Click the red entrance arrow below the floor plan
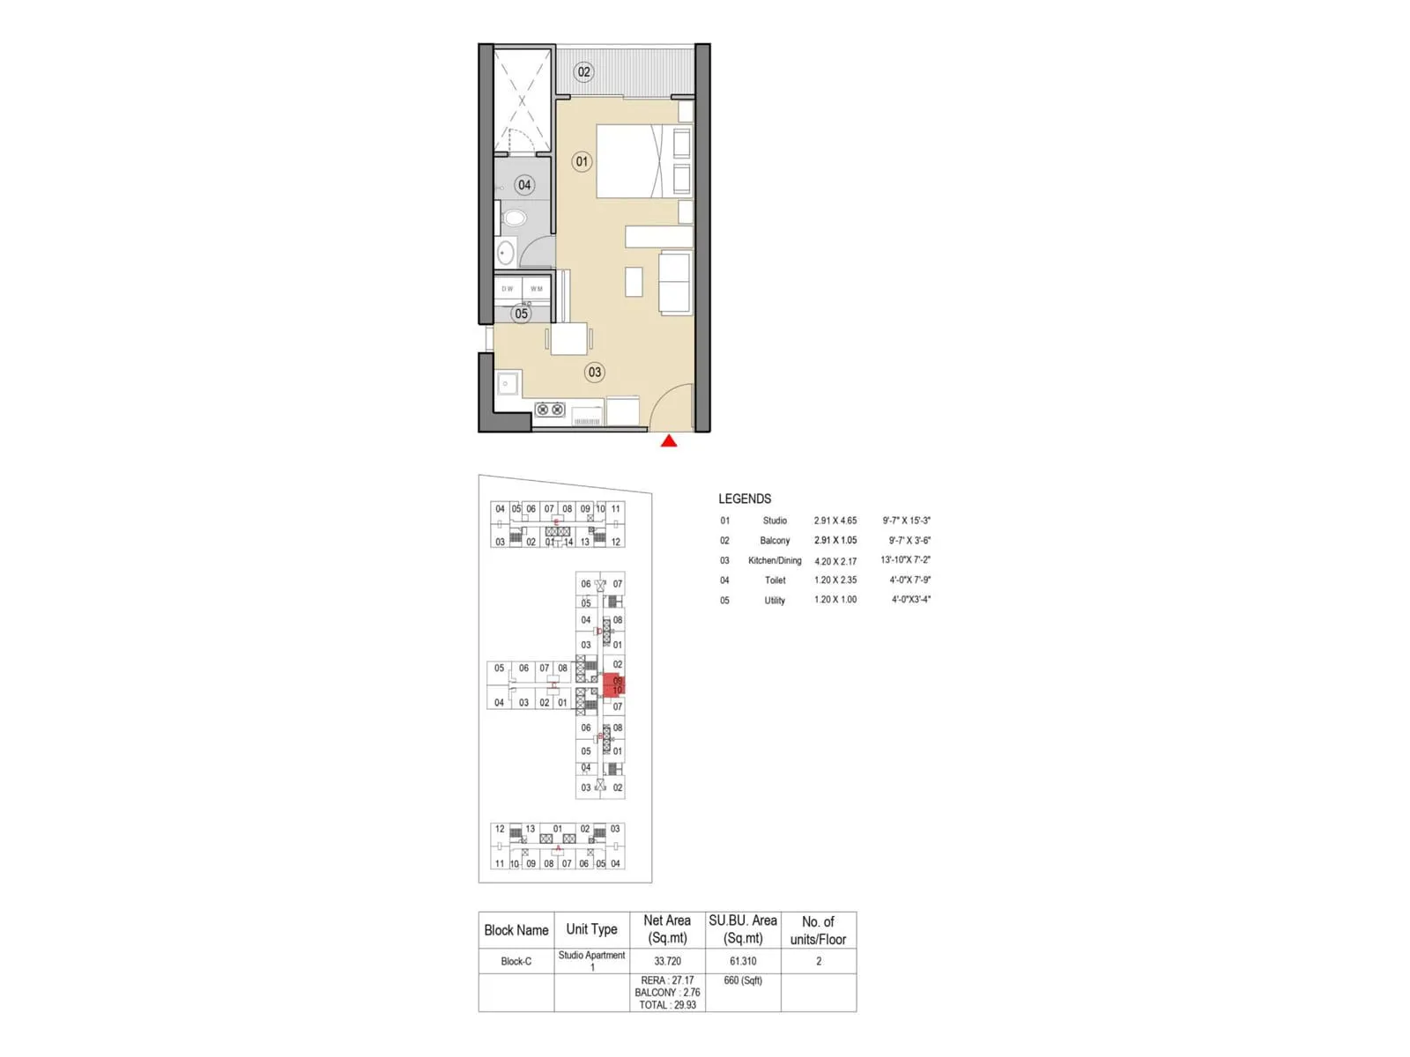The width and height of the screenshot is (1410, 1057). (669, 440)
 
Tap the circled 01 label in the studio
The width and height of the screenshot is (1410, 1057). (582, 161)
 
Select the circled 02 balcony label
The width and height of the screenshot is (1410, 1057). (583, 71)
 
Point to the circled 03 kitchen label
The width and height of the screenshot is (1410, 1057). (595, 372)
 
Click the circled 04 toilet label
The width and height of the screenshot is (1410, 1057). (524, 185)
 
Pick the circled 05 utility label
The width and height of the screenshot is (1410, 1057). (522, 314)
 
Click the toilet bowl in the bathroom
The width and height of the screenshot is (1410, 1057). (514, 218)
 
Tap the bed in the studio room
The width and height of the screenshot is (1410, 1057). (629, 160)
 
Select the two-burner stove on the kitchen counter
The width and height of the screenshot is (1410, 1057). (550, 410)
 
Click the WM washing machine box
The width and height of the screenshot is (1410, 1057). (537, 289)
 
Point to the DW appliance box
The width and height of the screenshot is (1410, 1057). (508, 289)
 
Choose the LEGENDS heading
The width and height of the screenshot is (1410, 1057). (745, 499)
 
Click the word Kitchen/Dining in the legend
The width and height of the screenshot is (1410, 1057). (775, 560)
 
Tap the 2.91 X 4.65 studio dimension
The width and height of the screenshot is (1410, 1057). (835, 521)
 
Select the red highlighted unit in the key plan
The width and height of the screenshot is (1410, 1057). (615, 685)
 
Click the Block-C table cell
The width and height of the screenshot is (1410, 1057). (516, 961)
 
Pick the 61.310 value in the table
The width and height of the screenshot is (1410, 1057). (743, 961)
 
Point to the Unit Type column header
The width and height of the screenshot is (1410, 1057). (591, 929)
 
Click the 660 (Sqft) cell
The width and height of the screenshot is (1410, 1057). (743, 980)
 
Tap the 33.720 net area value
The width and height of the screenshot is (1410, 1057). (667, 961)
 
